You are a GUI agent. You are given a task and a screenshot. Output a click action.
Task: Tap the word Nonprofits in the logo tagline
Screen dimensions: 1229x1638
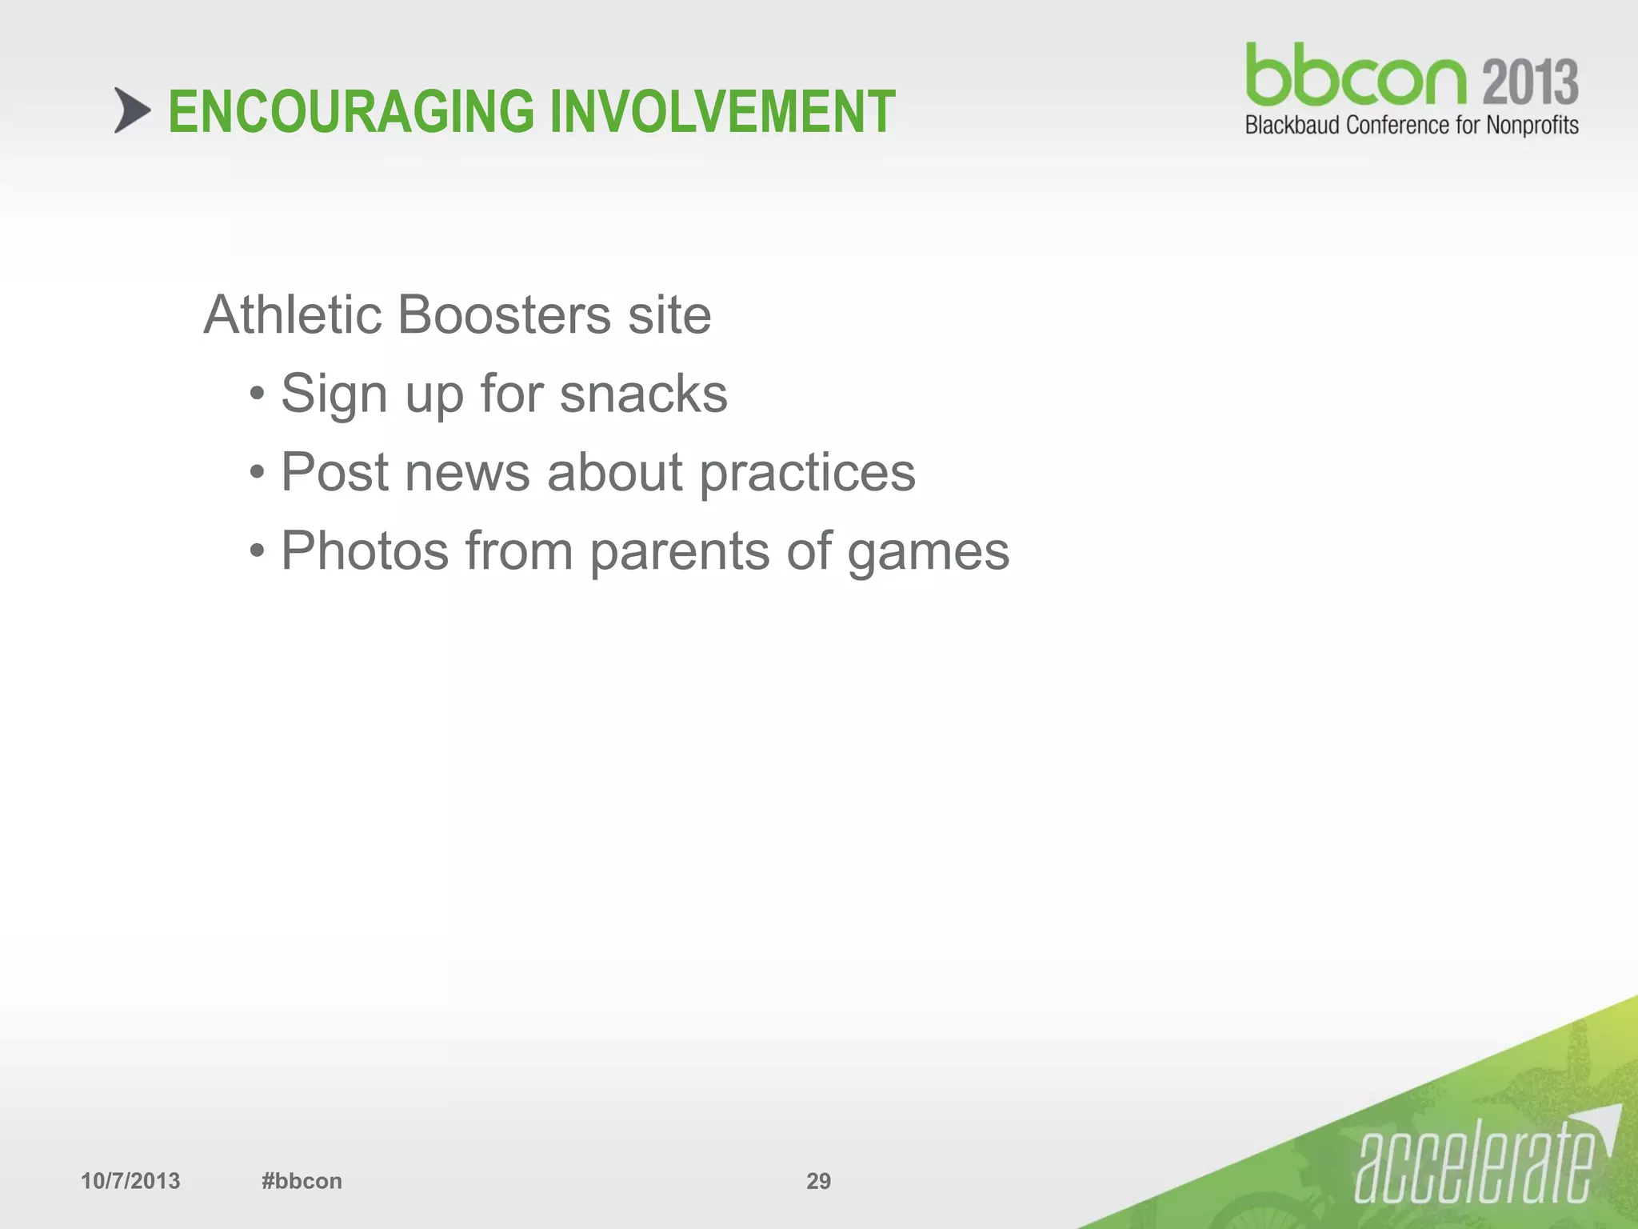1532,126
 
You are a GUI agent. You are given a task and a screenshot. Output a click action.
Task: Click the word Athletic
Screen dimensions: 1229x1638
292,314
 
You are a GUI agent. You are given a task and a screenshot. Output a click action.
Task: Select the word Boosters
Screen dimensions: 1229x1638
504,314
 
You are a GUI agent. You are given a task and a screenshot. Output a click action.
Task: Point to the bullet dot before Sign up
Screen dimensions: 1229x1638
256,394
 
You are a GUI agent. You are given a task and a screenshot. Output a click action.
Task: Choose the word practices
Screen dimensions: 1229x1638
807,474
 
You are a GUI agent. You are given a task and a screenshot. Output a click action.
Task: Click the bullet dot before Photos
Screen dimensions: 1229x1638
256,551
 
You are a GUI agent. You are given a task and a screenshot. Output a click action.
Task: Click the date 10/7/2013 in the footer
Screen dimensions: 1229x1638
130,1181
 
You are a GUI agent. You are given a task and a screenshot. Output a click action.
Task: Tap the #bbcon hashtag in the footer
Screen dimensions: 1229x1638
302,1181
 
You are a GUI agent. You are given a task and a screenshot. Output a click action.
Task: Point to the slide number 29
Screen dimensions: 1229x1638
818,1181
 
